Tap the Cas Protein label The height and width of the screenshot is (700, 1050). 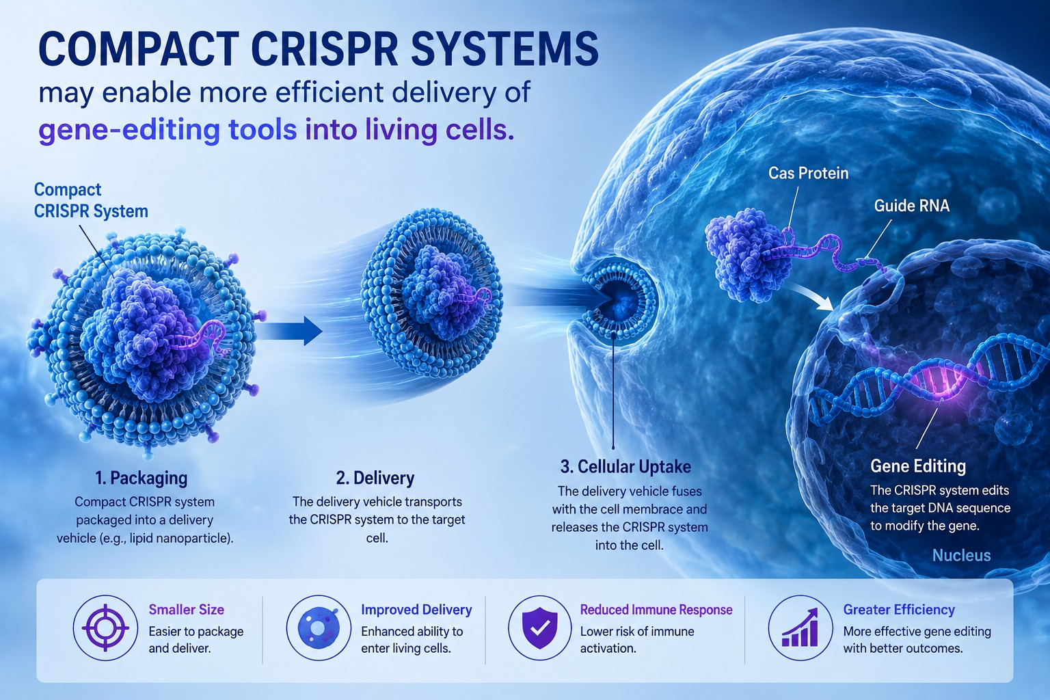808,173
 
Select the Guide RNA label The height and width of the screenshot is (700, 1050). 912,205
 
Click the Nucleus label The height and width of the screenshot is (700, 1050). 961,555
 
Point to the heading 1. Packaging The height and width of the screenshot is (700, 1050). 141,478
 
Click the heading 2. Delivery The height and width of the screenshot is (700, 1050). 375,478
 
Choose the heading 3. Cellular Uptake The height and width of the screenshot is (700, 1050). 625,466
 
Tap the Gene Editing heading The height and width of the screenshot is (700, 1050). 918,466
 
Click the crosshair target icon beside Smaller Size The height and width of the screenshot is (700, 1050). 105,628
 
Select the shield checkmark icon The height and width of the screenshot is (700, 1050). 539,628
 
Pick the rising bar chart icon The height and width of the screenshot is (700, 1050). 800,628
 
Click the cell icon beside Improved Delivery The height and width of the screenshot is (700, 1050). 319,628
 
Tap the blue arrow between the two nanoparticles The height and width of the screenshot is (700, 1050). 290,331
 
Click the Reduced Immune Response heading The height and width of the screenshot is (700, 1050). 656,610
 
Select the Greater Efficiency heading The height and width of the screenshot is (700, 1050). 899,610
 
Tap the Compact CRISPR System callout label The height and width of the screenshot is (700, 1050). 91,200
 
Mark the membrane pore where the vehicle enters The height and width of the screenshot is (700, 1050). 619,300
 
